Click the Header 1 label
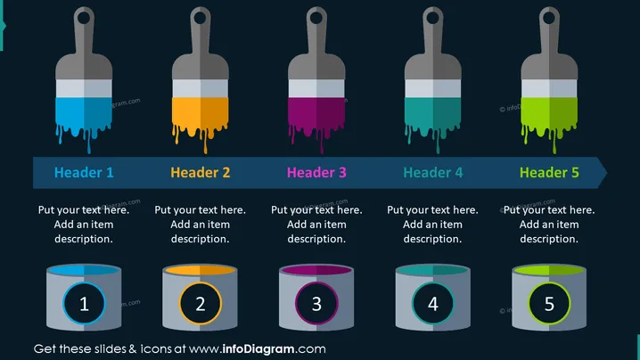(84, 173)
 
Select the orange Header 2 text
(200, 173)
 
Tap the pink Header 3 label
(316, 173)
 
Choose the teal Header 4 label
(432, 173)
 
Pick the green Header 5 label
(549, 173)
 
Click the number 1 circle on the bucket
(84, 303)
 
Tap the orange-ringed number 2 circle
(200, 303)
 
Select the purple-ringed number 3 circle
(316, 303)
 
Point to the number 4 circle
(432, 303)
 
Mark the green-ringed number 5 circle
(549, 303)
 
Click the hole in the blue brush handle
(84, 18)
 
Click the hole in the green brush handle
(549, 18)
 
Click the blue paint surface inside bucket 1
(84, 270)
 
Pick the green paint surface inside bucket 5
(549, 270)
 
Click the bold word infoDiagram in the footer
(258, 349)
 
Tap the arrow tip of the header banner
(606, 173)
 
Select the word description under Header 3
(316, 239)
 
